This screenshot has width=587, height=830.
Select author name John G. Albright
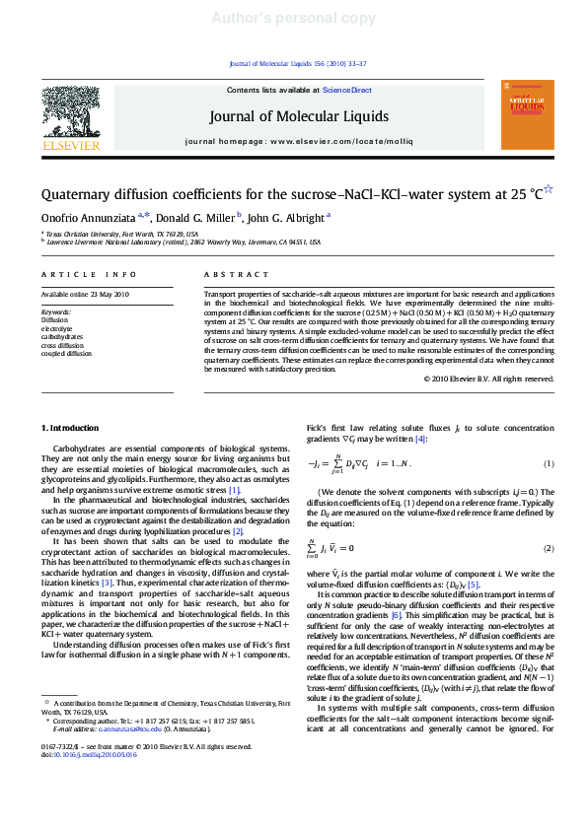point(286,217)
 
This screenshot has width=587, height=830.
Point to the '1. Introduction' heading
point(69,428)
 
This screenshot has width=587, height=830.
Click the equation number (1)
point(549,464)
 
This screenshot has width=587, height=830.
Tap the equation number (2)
point(549,548)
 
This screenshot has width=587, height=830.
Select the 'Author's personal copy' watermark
point(293,17)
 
